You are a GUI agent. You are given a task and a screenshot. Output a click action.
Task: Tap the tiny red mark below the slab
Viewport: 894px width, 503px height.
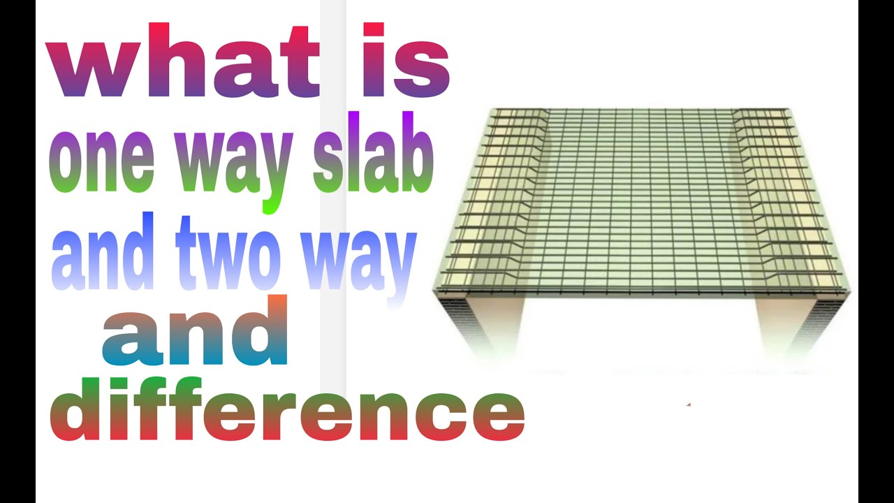[x=689, y=404]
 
